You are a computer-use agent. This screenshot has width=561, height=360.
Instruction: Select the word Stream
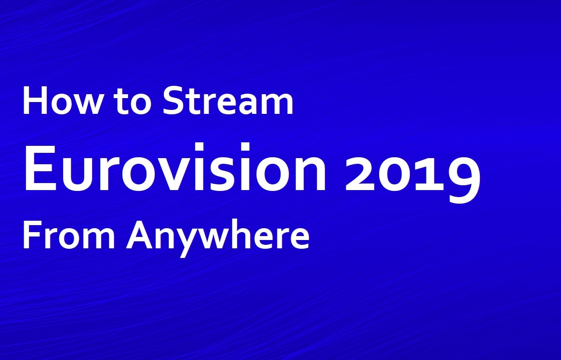228,100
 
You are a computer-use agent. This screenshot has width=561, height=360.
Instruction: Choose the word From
69,235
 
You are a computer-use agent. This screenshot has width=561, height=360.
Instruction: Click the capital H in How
35,100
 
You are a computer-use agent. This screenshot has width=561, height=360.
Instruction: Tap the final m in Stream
276,104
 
